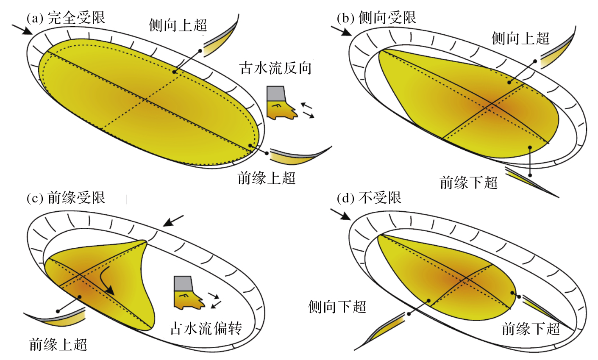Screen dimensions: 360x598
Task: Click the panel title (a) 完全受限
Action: [66, 18]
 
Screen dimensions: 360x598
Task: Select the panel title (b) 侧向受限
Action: [376, 18]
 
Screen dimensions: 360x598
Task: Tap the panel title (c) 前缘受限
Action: [66, 198]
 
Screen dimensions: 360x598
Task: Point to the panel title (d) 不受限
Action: [369, 198]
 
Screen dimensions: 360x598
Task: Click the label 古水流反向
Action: [276, 68]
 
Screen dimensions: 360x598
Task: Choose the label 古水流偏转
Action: [206, 328]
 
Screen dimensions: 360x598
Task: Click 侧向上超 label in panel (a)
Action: [178, 25]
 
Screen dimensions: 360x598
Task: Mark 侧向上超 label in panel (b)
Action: [520, 39]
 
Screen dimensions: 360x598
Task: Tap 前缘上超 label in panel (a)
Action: [267, 178]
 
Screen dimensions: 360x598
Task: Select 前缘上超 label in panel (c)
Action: [58, 344]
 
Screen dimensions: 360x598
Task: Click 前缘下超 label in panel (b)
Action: [469, 183]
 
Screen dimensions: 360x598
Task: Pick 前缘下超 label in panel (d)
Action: [531, 329]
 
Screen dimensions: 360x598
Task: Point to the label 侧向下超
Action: [337, 306]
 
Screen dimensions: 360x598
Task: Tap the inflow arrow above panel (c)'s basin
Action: [174, 221]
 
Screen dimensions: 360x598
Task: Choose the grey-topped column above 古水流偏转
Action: [185, 292]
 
